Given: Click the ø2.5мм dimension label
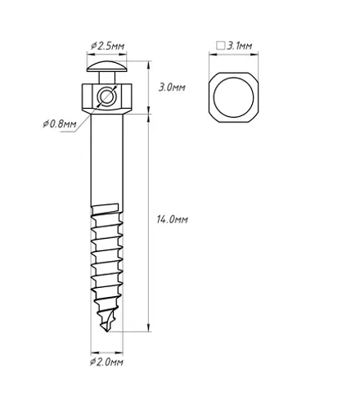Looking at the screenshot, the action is click(107, 46).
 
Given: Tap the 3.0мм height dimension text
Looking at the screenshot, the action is click(172, 88).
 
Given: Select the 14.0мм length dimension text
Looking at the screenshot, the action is click(172, 219).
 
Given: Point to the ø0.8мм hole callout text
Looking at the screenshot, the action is click(60, 124).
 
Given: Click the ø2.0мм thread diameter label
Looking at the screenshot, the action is click(106, 362).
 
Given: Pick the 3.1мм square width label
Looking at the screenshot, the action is click(239, 46).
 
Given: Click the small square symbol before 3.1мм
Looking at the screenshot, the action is click(221, 46).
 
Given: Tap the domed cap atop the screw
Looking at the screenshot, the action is click(107, 66).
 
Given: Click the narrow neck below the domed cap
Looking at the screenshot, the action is click(107, 78).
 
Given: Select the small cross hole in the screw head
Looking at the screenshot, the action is click(106, 97).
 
